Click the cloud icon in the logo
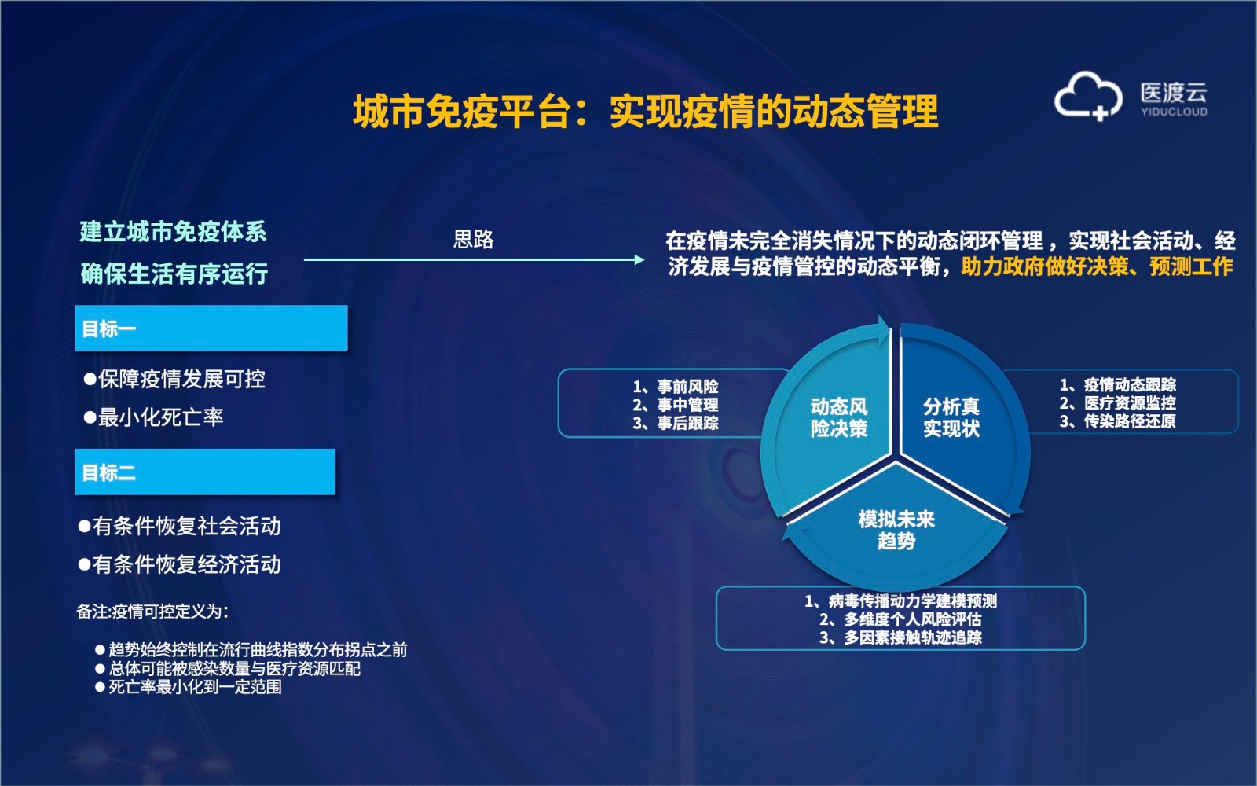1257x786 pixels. tap(1087, 96)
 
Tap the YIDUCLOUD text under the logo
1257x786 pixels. tap(1174, 112)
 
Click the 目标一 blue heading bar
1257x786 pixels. tap(211, 329)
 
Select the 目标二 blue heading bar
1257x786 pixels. tap(205, 472)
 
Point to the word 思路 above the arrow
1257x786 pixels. tap(473, 239)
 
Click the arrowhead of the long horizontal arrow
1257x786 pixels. tap(639, 259)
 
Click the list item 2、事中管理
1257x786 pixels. tap(676, 405)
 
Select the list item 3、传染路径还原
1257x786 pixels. tap(1117, 421)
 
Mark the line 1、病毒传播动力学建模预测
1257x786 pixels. tap(900, 601)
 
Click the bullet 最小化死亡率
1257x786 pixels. tap(154, 417)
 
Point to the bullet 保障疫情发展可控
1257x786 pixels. tap(174, 380)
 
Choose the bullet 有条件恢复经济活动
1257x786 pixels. tap(180, 564)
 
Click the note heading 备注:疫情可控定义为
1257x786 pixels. tap(152, 612)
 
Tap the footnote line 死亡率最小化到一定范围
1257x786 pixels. tap(189, 687)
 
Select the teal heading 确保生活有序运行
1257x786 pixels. tap(174, 274)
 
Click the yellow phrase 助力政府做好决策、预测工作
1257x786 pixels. tap(1097, 266)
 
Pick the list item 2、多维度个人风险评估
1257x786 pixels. tap(900, 619)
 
